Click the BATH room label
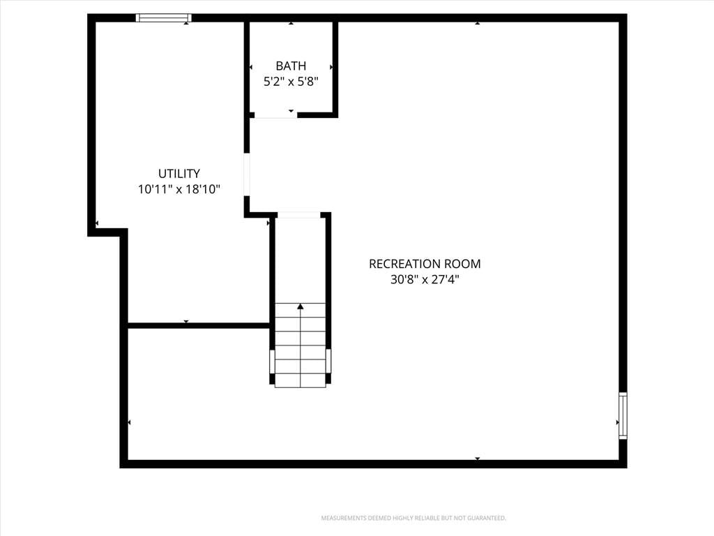(291, 66)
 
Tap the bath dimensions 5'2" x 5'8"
(291, 82)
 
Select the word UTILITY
(179, 174)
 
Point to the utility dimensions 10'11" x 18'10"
(179, 189)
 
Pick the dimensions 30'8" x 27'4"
(425, 279)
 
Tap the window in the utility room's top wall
(163, 17)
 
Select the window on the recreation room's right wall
(623, 415)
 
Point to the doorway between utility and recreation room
(247, 174)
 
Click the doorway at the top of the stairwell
(299, 215)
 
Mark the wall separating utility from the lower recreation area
(199, 325)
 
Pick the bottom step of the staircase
(300, 380)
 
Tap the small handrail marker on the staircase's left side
(273, 362)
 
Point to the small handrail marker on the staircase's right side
(328, 362)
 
